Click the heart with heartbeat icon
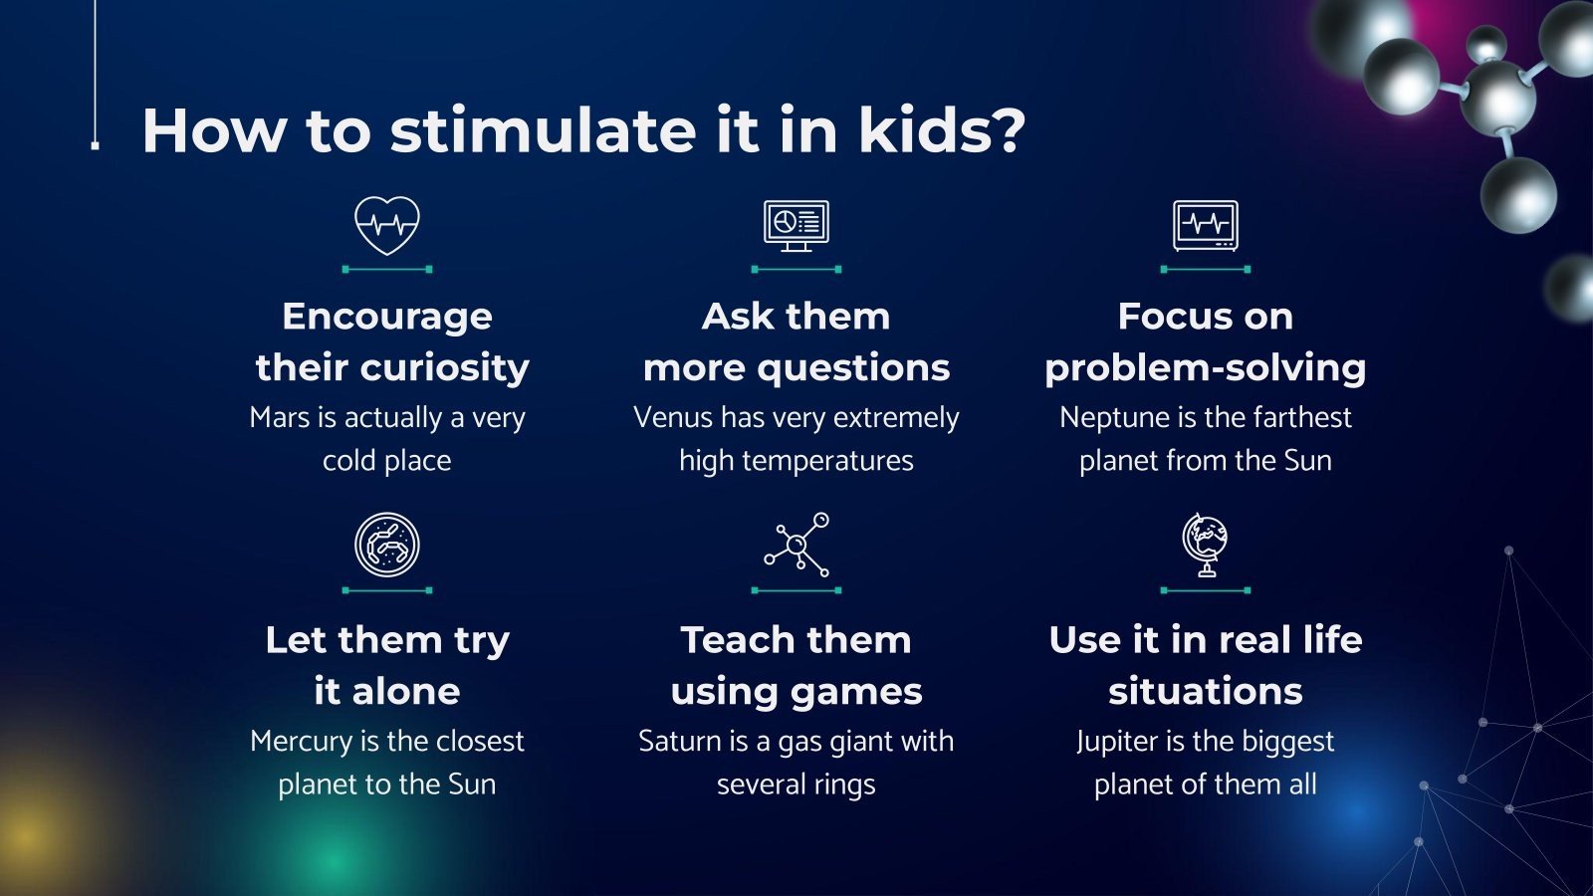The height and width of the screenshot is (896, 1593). coord(387,225)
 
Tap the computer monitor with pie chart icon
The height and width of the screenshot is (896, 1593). coord(796,225)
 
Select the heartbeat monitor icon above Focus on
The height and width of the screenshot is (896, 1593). coord(1205,225)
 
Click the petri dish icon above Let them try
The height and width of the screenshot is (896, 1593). coord(387,545)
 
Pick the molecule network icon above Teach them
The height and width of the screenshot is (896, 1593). coord(796,545)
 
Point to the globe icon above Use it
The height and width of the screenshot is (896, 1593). coord(1205,545)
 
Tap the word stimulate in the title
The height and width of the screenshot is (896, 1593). coord(544,130)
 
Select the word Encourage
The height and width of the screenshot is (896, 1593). coord(387,317)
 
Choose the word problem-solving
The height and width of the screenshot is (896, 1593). coord(1205,368)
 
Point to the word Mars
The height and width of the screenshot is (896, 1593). coord(280,418)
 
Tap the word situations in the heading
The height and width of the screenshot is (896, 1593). coord(1205,692)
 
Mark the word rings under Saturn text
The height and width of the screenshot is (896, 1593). coord(844,785)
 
